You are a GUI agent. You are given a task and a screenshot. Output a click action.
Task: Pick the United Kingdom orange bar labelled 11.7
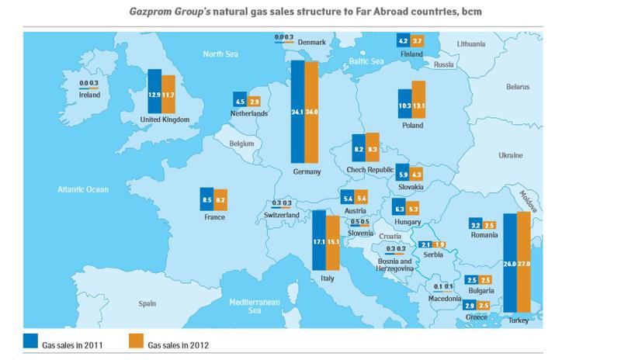168,92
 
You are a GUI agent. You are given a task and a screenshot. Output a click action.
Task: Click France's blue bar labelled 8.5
206,200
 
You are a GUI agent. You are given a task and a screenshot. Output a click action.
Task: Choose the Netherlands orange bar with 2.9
254,102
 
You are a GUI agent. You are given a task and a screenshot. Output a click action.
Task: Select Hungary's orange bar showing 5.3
413,209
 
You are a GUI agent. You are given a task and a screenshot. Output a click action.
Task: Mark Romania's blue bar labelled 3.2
476,225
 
